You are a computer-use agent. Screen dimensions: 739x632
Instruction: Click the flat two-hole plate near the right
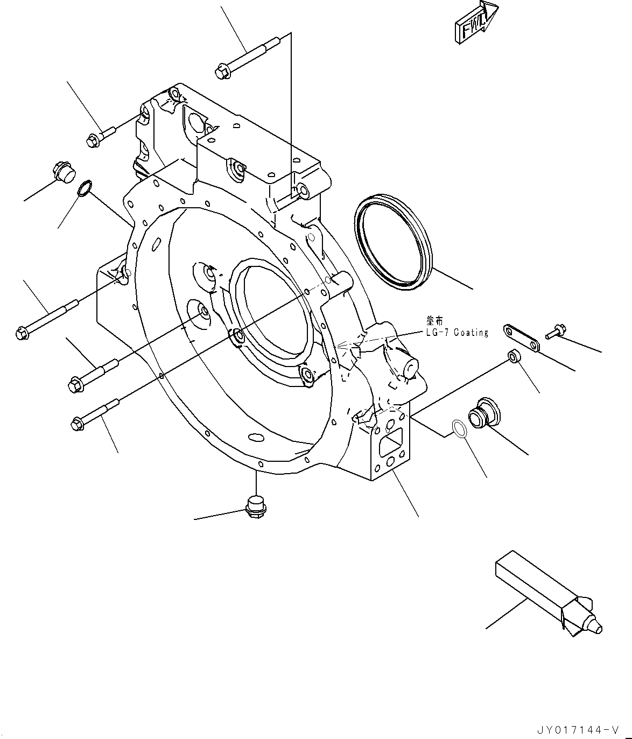522,337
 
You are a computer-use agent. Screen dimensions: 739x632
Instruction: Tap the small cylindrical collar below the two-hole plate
514,356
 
